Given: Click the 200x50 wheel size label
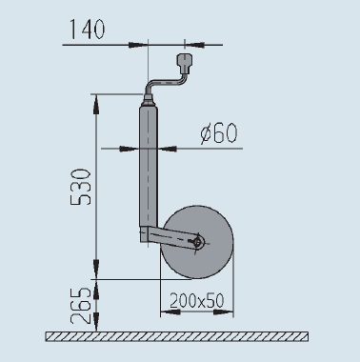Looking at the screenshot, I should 196,299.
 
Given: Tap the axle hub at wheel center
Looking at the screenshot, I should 196,243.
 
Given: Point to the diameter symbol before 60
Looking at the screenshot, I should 207,133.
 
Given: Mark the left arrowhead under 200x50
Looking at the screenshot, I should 163,312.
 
